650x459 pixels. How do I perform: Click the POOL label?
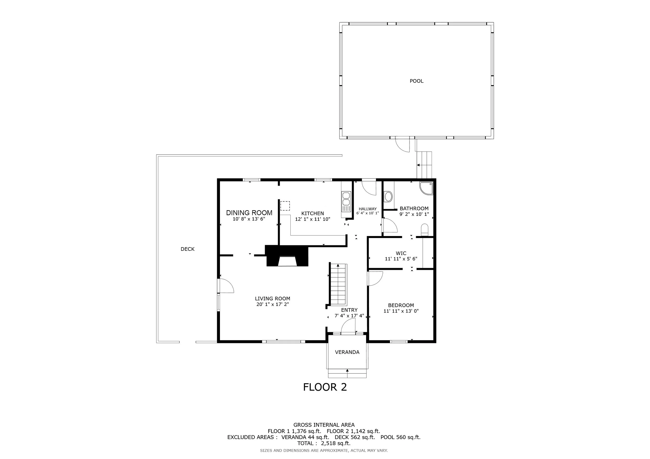click(417, 81)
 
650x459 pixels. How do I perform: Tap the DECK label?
click(187, 249)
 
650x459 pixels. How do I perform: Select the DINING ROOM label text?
click(249, 213)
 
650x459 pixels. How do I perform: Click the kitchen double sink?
click(346, 201)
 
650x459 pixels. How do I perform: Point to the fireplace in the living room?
click(287, 256)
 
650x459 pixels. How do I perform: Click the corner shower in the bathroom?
click(426, 188)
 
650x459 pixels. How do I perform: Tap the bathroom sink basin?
click(388, 197)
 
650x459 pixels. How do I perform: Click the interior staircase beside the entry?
click(338, 285)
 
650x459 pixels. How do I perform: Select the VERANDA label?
click(347, 352)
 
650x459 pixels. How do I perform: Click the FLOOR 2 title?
click(325, 387)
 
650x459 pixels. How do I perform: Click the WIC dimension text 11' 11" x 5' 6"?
click(401, 259)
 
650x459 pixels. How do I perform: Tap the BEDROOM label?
click(401, 305)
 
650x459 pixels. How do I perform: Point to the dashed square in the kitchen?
click(285, 206)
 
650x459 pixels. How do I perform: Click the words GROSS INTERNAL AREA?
click(324, 425)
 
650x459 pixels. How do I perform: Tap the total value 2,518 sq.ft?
click(335, 443)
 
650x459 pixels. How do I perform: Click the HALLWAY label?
click(367, 209)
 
